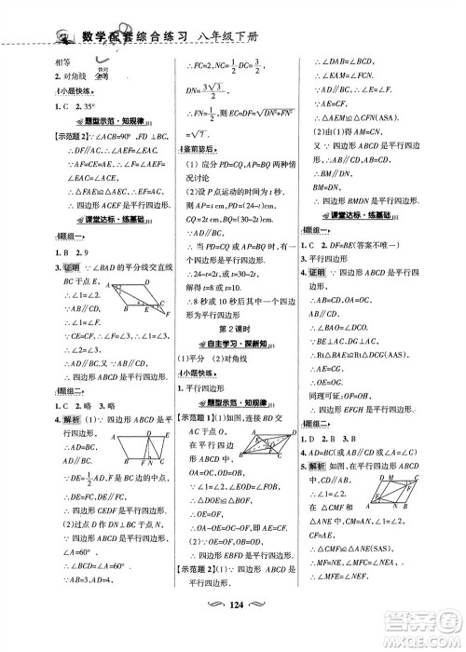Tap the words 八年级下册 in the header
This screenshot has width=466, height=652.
coord(228,36)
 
